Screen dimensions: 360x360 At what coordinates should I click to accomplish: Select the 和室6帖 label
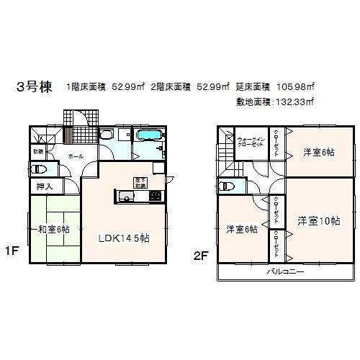(54, 229)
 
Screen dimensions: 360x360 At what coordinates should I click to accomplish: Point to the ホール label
(75, 155)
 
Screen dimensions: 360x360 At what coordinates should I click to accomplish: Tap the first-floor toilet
(40, 170)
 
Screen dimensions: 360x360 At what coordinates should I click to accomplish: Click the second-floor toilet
(228, 186)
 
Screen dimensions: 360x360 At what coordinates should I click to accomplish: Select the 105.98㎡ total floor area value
(296, 87)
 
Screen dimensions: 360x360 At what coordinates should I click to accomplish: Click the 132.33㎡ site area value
(296, 102)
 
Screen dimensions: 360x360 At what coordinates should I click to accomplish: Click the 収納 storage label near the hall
(38, 151)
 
